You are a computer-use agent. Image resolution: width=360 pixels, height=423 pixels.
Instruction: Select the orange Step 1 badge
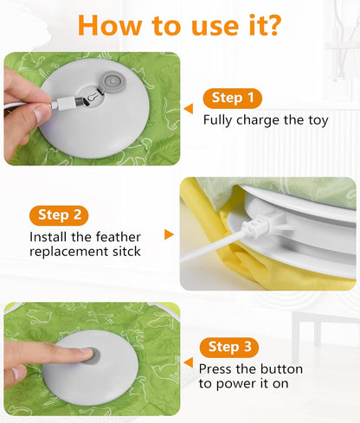[x=232, y=98]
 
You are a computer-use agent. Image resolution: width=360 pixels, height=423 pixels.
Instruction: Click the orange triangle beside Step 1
[x=189, y=108]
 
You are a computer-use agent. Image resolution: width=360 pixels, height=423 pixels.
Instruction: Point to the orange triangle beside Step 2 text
[x=170, y=234]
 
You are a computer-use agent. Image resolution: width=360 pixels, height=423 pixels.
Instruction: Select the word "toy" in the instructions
[x=317, y=120]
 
